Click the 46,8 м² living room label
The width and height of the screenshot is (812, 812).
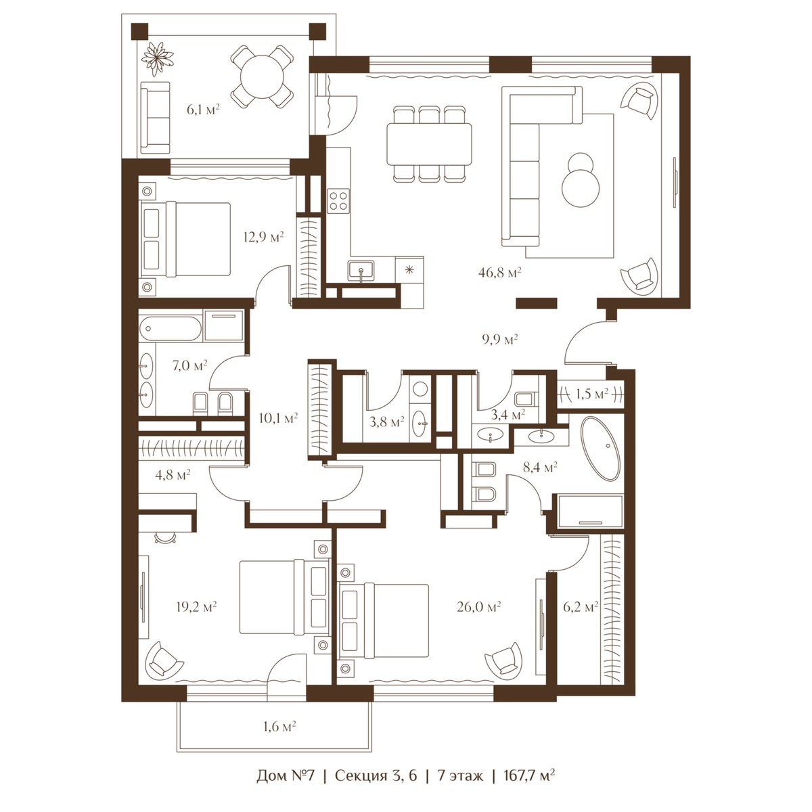[500, 272]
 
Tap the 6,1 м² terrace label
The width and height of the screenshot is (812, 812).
[204, 110]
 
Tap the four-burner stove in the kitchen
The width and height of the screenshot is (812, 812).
[338, 200]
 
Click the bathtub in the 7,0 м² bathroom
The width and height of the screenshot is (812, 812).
[171, 329]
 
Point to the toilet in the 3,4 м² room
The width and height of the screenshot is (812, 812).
[526, 397]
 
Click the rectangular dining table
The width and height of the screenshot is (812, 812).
[429, 144]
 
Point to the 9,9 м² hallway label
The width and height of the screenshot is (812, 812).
[500, 339]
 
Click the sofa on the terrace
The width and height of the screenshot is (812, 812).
[156, 118]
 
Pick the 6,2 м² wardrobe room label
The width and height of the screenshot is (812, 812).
[581, 607]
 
